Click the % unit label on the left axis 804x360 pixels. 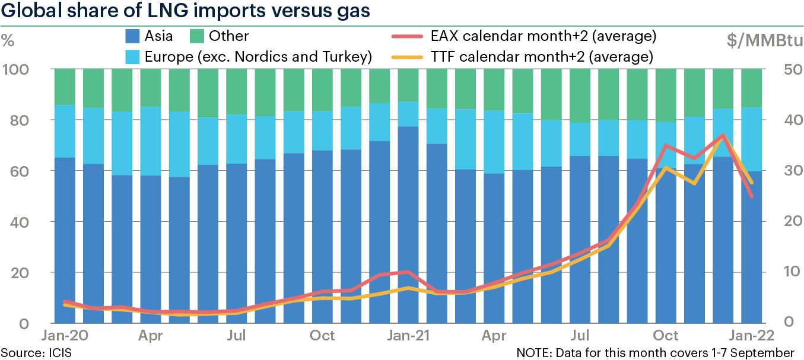coord(8,41)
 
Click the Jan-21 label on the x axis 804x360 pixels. coord(408,336)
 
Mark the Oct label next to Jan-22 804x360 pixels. coord(668,336)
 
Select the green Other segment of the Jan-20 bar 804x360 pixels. coord(65,87)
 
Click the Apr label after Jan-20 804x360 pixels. coord(151,336)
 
